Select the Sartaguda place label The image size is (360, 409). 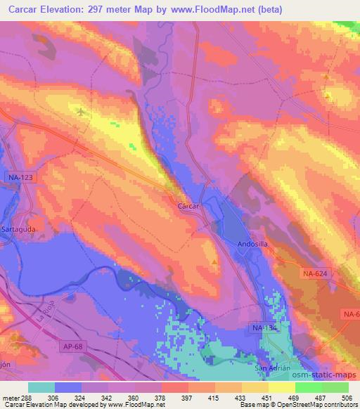tap(19, 230)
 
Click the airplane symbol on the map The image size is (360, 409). tap(81, 111)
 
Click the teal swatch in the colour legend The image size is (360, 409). tap(41, 387)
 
